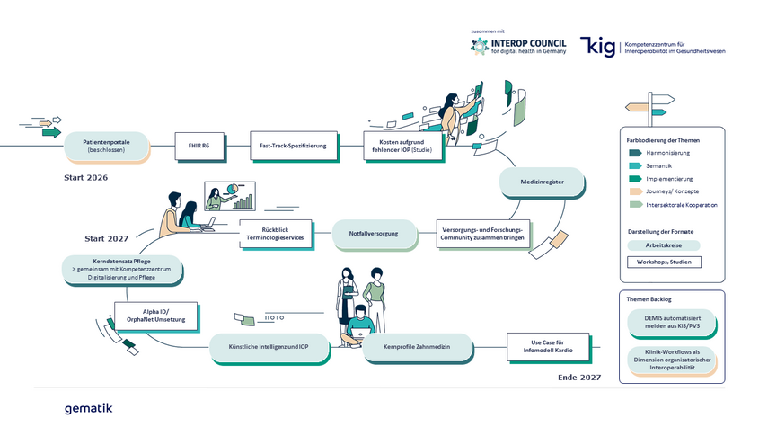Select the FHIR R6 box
pyautogui.click(x=199, y=145)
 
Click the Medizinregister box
pyautogui.click(x=542, y=182)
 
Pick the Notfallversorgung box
pyautogui.click(x=377, y=234)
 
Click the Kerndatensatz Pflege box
pyautogui.click(x=122, y=269)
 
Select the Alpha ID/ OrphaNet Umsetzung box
pyautogui.click(x=156, y=316)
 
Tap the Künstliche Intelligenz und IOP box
pyautogui.click(x=269, y=346)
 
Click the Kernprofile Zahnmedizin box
pyautogui.click(x=418, y=346)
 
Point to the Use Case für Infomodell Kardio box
pyautogui.click(x=550, y=346)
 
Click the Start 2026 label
pyautogui.click(x=85, y=178)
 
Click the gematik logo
pyautogui.click(x=89, y=408)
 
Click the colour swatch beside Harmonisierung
pyautogui.click(x=634, y=153)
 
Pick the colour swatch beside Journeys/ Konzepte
pyautogui.click(x=634, y=191)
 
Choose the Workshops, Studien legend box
pyautogui.click(x=664, y=262)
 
